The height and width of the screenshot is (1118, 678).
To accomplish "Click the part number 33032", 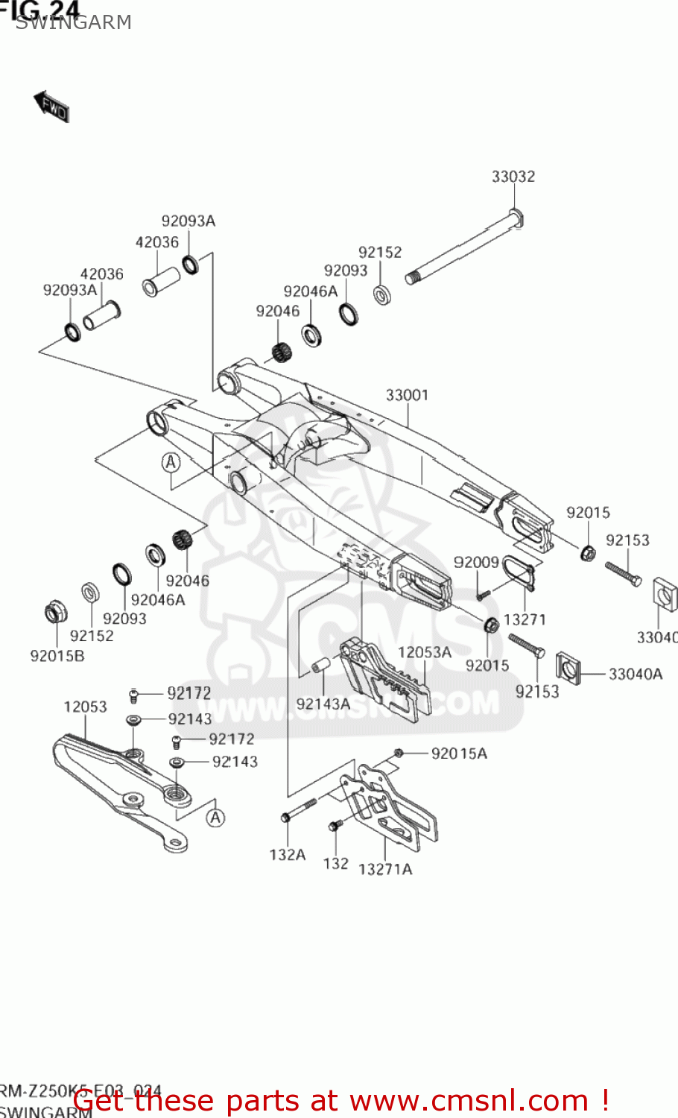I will (513, 177).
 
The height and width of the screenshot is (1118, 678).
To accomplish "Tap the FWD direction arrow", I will (51, 107).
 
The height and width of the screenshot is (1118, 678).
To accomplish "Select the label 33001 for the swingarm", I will (407, 395).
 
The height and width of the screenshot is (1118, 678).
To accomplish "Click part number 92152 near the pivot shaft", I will (380, 253).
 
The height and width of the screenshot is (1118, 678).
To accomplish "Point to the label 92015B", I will (57, 656).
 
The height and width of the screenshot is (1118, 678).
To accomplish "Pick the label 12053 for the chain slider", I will (85, 707).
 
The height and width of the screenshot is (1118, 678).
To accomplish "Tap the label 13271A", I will (385, 869).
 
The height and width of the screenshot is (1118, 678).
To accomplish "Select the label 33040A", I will (636, 675).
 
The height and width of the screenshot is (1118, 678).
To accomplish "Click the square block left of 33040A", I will (569, 667).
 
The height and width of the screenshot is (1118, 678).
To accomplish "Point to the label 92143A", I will (323, 704).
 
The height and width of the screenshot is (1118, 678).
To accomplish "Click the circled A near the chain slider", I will (215, 818).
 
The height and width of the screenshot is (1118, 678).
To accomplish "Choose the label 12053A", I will (425, 652).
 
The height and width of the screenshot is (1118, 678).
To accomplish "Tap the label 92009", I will (476, 563).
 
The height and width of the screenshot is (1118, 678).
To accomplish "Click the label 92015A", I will (459, 754).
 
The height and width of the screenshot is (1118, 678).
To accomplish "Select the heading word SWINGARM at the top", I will (73, 23).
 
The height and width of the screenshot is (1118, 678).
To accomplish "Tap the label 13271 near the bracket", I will (525, 619).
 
